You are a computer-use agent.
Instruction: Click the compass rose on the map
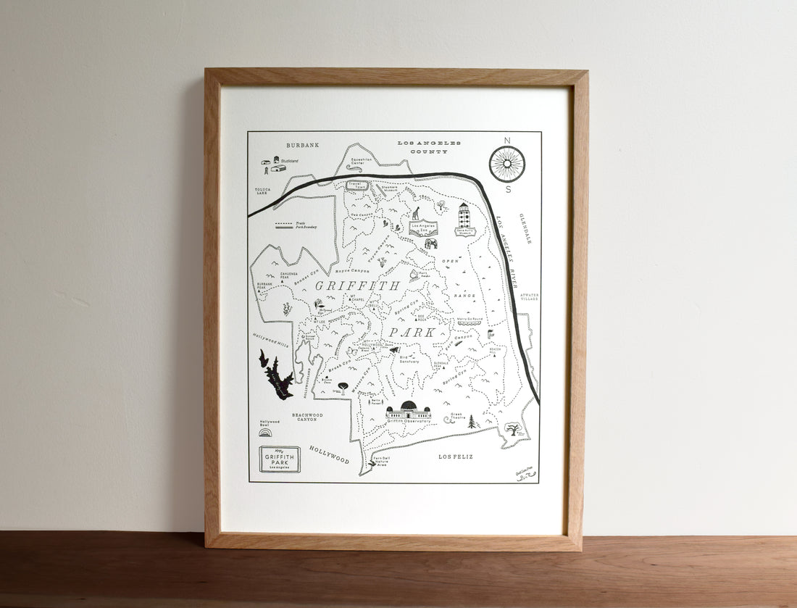pyautogui.click(x=506, y=163)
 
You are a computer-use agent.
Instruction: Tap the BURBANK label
pyautogui.click(x=302, y=145)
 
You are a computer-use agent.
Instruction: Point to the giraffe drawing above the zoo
pyautogui.click(x=416, y=213)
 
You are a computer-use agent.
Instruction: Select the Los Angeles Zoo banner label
pyautogui.click(x=424, y=227)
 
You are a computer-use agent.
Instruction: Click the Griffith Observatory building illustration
pyautogui.click(x=408, y=409)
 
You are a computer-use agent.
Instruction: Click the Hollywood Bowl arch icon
pyautogui.click(x=266, y=432)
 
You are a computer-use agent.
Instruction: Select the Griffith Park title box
pyautogui.click(x=279, y=459)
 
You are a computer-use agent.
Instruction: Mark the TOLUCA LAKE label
pyautogui.click(x=262, y=191)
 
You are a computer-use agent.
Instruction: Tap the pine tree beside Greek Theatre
pyautogui.click(x=472, y=421)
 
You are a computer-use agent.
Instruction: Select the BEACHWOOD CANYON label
pyautogui.click(x=307, y=417)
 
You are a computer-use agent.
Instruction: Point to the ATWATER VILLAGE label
pyautogui.click(x=529, y=298)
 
